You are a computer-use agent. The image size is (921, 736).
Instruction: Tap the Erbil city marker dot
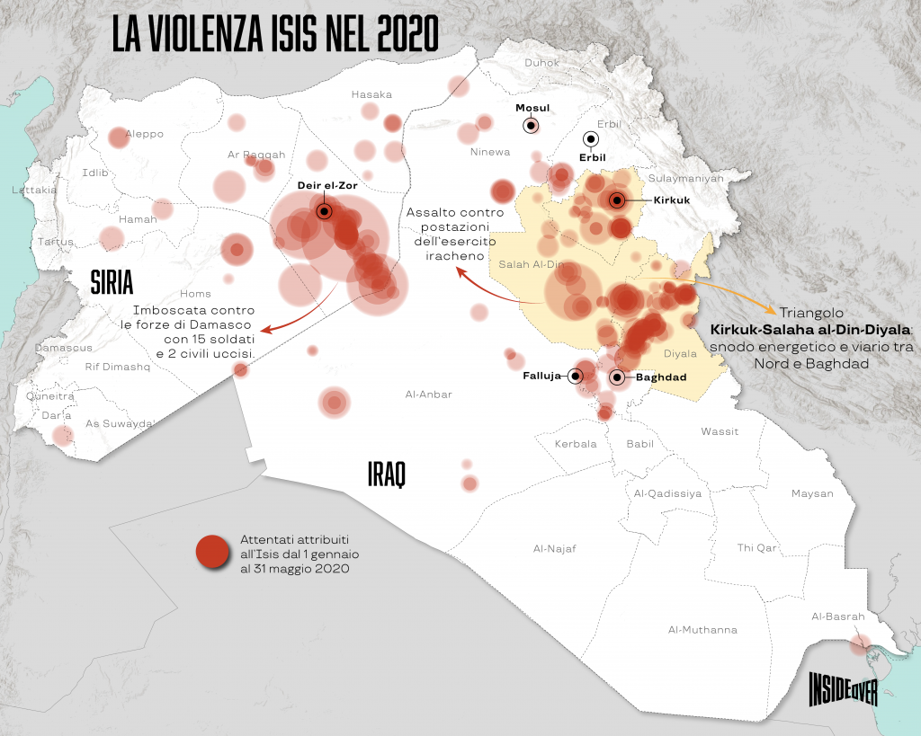click(591, 139)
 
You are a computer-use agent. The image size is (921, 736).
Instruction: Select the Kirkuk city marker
click(618, 200)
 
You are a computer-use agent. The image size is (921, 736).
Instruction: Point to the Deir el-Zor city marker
click(324, 211)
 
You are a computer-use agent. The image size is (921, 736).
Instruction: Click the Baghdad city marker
click(617, 377)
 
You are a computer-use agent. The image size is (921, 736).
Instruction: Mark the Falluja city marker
click(576, 377)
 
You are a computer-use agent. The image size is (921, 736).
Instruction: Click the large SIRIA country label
click(112, 283)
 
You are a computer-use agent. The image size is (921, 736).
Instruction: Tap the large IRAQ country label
click(387, 474)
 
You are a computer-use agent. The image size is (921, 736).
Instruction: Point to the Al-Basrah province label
click(837, 616)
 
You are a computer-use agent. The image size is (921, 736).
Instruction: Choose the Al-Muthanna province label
click(702, 630)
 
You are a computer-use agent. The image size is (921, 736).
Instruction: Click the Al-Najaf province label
click(554, 548)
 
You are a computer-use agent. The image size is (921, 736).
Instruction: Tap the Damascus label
click(64, 347)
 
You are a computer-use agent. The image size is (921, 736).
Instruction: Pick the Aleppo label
click(145, 134)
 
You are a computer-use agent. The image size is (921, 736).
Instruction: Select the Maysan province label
click(812, 493)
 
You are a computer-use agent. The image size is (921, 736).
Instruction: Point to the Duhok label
click(541, 63)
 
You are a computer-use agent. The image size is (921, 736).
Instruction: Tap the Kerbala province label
click(577, 444)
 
